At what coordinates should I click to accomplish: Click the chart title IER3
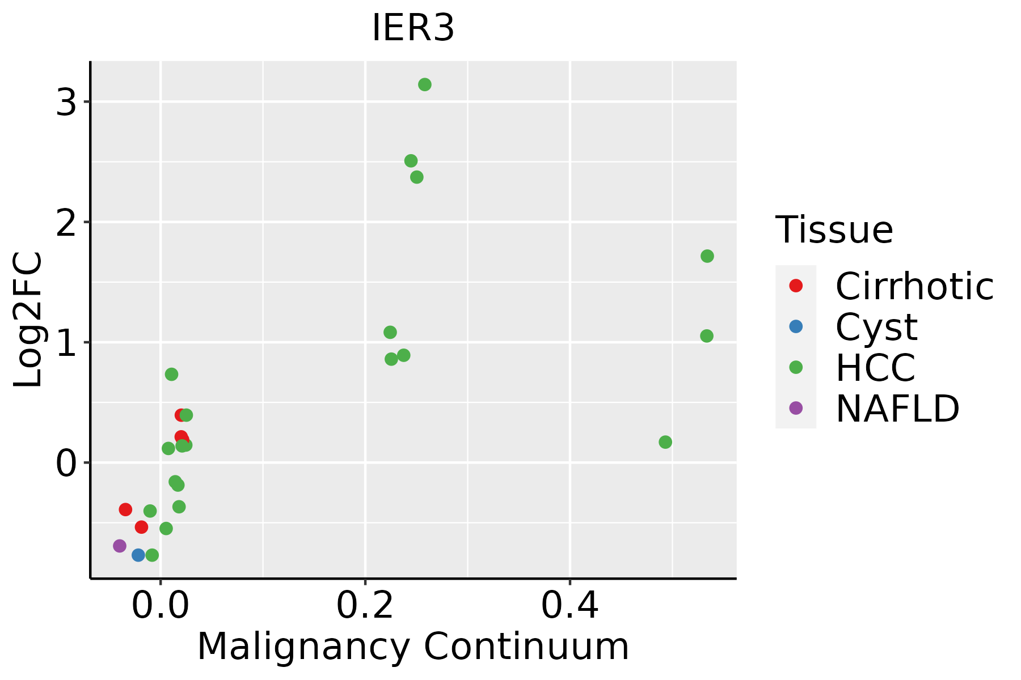412,28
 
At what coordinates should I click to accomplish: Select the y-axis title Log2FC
28,320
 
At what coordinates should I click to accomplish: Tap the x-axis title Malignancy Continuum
412,647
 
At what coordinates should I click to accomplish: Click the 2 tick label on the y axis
66,222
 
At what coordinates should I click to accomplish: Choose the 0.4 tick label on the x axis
569,606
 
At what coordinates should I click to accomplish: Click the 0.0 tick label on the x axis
161,606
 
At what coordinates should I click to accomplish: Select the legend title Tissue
834,229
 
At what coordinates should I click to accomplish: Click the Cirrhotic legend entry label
914,286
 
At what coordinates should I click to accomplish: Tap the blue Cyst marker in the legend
796,326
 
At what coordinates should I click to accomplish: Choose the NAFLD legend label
897,408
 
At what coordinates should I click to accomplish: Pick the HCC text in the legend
875,367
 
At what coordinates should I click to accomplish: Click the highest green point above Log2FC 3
424,84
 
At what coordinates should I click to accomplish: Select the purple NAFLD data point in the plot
120,546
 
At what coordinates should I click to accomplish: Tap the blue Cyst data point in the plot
138,555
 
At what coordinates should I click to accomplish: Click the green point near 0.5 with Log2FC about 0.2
665,442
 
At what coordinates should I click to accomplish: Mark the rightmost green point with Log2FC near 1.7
707,256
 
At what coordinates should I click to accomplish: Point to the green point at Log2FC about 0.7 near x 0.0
171,374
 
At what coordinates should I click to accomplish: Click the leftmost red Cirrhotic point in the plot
125,509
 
